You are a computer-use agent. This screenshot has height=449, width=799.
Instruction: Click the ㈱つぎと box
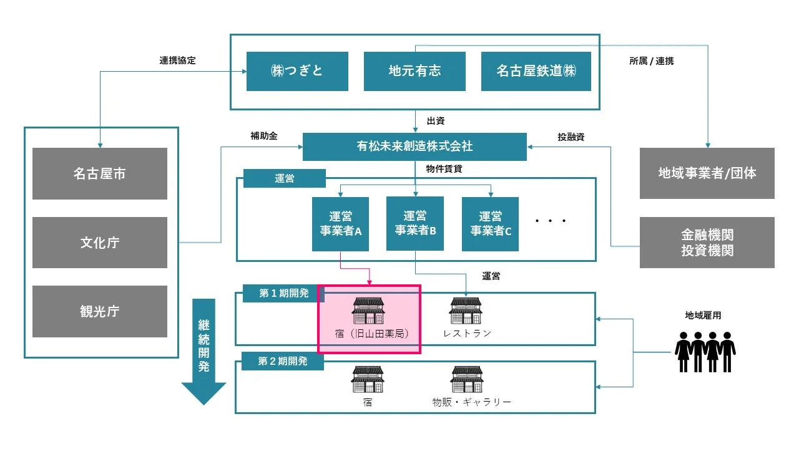[x=297, y=71]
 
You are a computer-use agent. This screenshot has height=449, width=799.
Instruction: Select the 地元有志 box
[x=414, y=71]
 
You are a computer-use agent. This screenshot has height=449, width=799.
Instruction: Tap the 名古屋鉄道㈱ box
[x=536, y=71]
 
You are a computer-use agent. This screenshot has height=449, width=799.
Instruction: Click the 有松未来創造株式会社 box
[x=414, y=147]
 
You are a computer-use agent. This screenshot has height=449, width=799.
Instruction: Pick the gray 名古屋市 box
[x=100, y=173]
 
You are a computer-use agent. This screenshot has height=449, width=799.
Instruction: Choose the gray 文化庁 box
[x=100, y=243]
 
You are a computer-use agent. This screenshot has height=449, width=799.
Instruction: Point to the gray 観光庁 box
[x=100, y=311]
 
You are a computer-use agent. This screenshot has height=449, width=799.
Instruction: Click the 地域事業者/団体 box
[x=707, y=173]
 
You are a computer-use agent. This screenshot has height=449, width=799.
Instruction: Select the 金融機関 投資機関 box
[x=707, y=243]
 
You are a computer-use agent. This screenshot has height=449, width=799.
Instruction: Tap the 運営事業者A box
[x=340, y=224]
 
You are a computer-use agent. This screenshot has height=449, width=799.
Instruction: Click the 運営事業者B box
[x=415, y=223]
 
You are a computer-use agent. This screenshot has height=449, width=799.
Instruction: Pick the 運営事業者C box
[x=490, y=224]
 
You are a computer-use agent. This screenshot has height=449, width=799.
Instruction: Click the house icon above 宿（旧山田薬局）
[x=369, y=311]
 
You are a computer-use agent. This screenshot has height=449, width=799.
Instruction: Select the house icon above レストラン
[x=466, y=311]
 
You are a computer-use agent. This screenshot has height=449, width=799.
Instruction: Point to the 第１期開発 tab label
[x=283, y=293]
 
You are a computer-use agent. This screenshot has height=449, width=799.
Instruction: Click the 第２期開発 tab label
[x=283, y=362]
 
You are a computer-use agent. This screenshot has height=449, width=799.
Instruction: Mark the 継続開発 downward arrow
[x=203, y=352]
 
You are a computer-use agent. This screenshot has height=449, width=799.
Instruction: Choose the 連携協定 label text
[x=177, y=60]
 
